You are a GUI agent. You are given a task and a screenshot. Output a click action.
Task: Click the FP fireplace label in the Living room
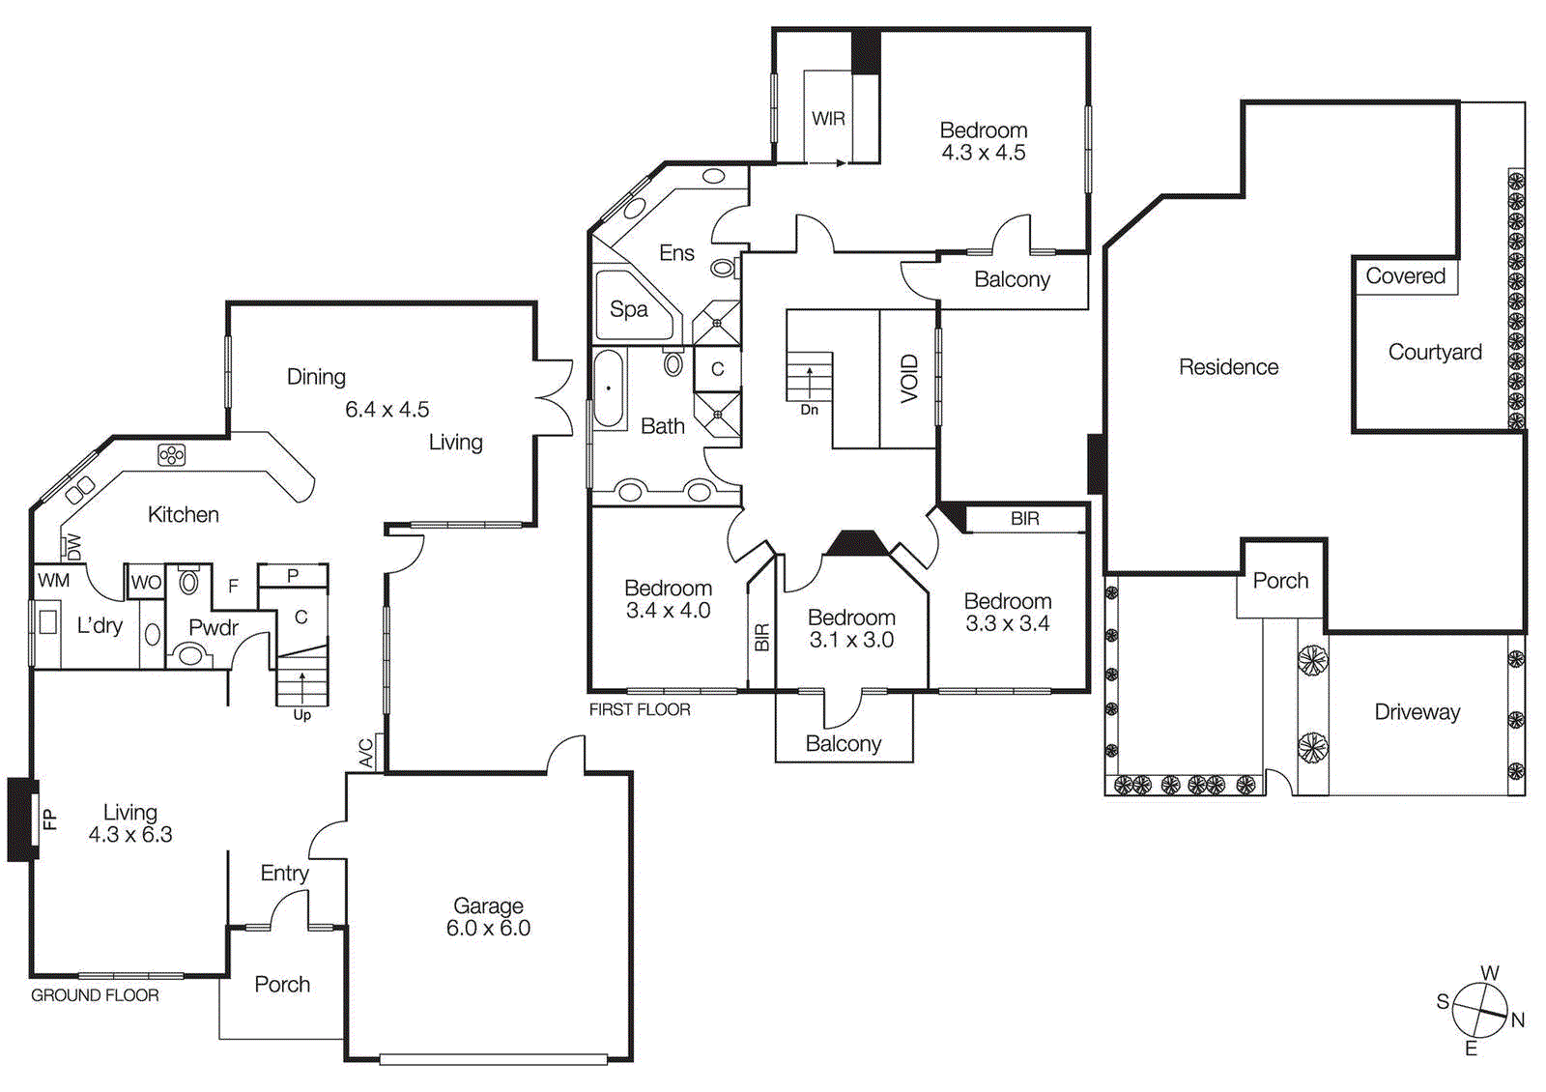tap(50, 819)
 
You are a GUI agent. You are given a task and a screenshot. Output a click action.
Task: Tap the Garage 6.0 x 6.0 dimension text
tap(488, 928)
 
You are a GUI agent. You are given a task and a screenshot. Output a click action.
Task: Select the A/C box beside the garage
tap(368, 752)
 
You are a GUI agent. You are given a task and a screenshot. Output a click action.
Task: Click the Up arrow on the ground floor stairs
tap(302, 689)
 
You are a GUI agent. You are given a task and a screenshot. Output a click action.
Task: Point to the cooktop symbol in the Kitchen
tap(172, 454)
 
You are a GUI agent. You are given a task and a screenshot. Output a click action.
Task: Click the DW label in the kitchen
tap(73, 546)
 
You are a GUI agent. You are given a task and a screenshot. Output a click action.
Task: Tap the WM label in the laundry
tap(53, 580)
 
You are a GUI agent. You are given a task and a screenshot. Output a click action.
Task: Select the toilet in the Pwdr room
tap(189, 582)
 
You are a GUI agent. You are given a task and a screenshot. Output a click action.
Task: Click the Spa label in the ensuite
tap(628, 309)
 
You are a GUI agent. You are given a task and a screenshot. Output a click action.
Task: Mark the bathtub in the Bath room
tap(609, 388)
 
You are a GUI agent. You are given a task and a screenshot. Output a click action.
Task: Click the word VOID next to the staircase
tap(908, 378)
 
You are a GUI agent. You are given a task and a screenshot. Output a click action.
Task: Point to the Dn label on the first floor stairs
tap(809, 410)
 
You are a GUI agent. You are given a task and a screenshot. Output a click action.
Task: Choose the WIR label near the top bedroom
tap(828, 119)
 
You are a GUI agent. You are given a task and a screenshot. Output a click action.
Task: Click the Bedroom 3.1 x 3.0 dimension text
tap(851, 640)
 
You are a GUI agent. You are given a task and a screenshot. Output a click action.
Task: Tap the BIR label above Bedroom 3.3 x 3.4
tap(1025, 519)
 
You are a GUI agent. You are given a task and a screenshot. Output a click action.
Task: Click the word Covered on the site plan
tap(1405, 276)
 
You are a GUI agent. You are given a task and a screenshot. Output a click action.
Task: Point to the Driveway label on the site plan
tap(1417, 712)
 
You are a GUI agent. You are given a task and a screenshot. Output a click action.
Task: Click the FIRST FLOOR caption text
tap(640, 709)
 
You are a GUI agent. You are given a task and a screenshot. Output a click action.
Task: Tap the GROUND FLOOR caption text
tap(95, 995)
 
